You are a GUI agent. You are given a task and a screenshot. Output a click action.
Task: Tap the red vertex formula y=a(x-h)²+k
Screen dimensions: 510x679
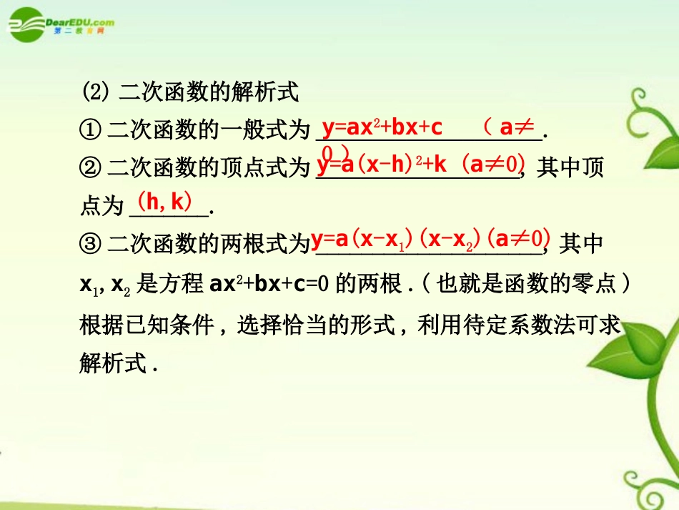(382, 165)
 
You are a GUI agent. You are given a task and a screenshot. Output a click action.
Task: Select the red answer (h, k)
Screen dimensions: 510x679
(165, 202)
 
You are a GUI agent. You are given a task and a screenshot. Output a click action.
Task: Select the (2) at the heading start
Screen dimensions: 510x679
(95, 93)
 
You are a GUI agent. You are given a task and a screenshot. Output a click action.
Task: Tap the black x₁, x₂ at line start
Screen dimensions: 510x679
(104, 284)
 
